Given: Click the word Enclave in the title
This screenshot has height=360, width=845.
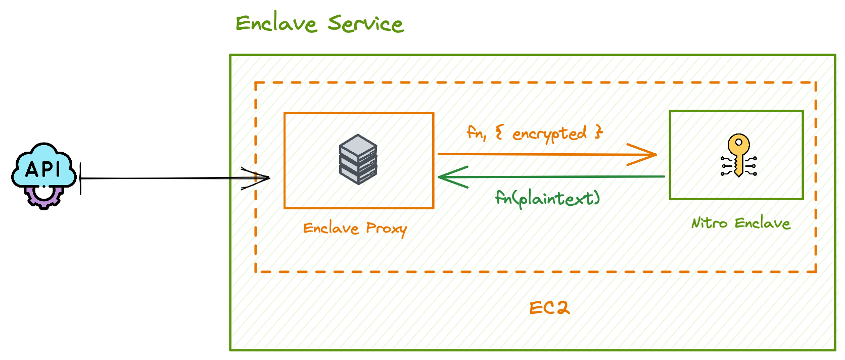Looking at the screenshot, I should click(x=275, y=24).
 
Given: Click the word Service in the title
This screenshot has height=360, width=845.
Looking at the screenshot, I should click(x=365, y=24).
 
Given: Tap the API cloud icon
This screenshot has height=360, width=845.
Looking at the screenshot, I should click(x=44, y=164).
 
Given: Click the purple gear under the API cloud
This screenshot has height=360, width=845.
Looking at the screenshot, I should click(x=44, y=198).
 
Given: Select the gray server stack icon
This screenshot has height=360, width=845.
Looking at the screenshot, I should click(x=358, y=159).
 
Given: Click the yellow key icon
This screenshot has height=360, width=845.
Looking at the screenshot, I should click(x=738, y=155).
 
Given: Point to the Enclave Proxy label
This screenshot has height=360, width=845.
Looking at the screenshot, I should click(x=355, y=229).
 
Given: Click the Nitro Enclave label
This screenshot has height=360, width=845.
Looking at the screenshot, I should click(x=740, y=223).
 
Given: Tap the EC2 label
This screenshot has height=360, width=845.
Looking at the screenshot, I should click(x=549, y=308).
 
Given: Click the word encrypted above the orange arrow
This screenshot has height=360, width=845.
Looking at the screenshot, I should click(x=549, y=134).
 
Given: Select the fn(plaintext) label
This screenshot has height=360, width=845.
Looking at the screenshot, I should click(x=547, y=198).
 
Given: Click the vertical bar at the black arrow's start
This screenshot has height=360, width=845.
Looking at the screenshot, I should click(x=80, y=178).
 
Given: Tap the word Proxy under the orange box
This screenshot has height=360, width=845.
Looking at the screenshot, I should click(x=386, y=229).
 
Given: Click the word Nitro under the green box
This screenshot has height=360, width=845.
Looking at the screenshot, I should click(x=709, y=223).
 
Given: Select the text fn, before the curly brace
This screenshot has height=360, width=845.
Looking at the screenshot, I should click(x=476, y=133).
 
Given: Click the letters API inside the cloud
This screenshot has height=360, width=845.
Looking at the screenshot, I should click(x=43, y=169).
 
